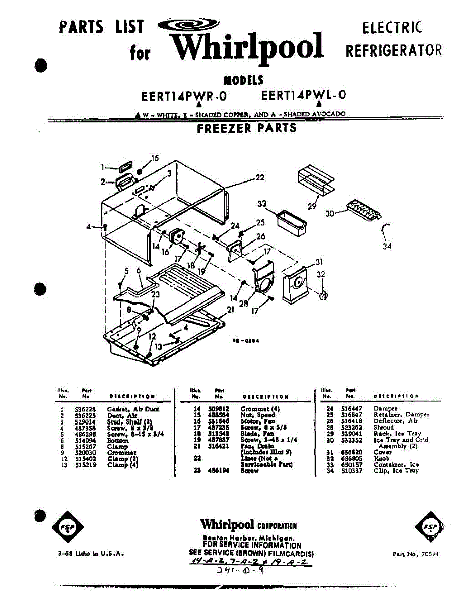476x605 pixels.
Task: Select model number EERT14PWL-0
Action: (303, 95)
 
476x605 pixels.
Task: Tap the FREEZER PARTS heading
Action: (247, 128)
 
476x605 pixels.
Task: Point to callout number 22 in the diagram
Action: (260, 177)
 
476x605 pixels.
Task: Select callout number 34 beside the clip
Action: (387, 246)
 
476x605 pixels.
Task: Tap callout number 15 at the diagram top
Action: (155, 158)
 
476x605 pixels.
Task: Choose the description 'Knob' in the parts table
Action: (382, 459)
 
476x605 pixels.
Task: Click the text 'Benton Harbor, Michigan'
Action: (248, 538)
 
